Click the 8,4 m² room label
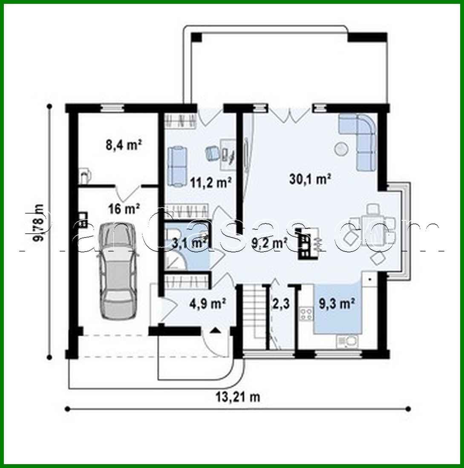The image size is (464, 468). click(x=124, y=146)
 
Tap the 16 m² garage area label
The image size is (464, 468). click(x=124, y=209)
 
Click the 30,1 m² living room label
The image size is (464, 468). click(x=311, y=179)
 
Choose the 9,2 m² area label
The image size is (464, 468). click(x=269, y=243)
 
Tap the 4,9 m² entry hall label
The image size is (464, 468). click(x=207, y=304)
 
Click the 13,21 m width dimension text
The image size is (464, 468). click(x=238, y=397)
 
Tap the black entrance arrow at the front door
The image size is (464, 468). click(x=216, y=329)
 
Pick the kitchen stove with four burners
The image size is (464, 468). click(x=305, y=314)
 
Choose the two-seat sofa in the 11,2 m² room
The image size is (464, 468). click(x=177, y=165)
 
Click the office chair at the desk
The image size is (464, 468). click(x=212, y=153)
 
